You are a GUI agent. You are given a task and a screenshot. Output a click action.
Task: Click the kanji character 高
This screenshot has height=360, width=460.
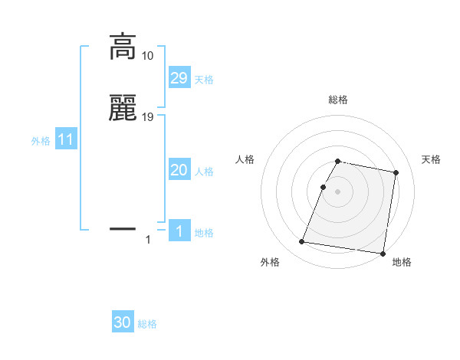coord(123,47)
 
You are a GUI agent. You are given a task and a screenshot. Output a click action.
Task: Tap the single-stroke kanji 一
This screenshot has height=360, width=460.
coord(123,228)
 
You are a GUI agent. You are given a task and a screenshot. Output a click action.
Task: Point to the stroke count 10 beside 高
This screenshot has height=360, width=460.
coord(147,56)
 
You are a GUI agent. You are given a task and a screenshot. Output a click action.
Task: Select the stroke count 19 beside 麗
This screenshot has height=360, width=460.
coord(148,117)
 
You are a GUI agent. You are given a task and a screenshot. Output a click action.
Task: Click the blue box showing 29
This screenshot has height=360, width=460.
coord(179,77)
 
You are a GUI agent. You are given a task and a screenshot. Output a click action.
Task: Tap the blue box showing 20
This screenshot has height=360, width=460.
coord(179,171)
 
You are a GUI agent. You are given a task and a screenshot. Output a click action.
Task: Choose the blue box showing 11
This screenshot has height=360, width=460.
coord(65,140)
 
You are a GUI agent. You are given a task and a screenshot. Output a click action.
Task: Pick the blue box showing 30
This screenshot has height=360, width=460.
coord(123,322)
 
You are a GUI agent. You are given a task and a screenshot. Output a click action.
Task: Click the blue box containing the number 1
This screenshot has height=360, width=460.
coord(179,231)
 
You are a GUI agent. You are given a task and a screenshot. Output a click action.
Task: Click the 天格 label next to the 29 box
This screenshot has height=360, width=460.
coord(204,80)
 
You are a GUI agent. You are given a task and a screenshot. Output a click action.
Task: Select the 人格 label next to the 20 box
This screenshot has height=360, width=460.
coord(204,172)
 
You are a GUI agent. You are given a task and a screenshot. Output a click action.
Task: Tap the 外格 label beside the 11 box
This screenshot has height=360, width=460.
coord(41,142)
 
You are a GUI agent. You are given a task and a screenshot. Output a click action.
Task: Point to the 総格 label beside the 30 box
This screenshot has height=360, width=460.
coord(147,324)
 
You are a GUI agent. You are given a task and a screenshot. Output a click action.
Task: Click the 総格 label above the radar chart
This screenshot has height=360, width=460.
coord(338,100)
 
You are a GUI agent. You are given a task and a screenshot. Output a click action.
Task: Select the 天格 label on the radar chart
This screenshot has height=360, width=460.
coord(431,159)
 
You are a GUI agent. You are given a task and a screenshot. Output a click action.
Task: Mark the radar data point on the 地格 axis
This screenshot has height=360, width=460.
coord(383,254)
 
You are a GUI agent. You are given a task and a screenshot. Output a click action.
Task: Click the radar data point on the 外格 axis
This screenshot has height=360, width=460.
coord(302,242)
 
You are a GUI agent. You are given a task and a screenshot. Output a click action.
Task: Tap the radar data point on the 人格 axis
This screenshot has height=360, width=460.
coord(324,187)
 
